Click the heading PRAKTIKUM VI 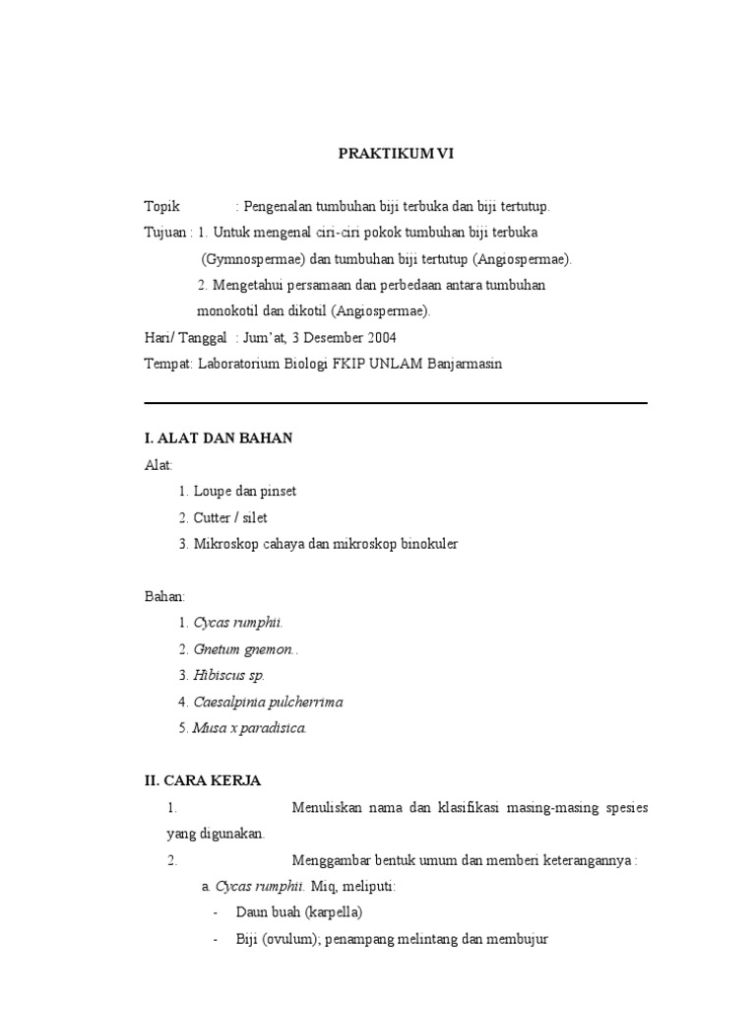(x=397, y=154)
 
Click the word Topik (x=162, y=207)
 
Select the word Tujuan (x=164, y=234)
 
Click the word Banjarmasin (x=464, y=363)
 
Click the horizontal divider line (x=396, y=403)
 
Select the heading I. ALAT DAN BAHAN (x=219, y=438)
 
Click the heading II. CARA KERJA (x=203, y=781)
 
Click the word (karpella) (x=334, y=912)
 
